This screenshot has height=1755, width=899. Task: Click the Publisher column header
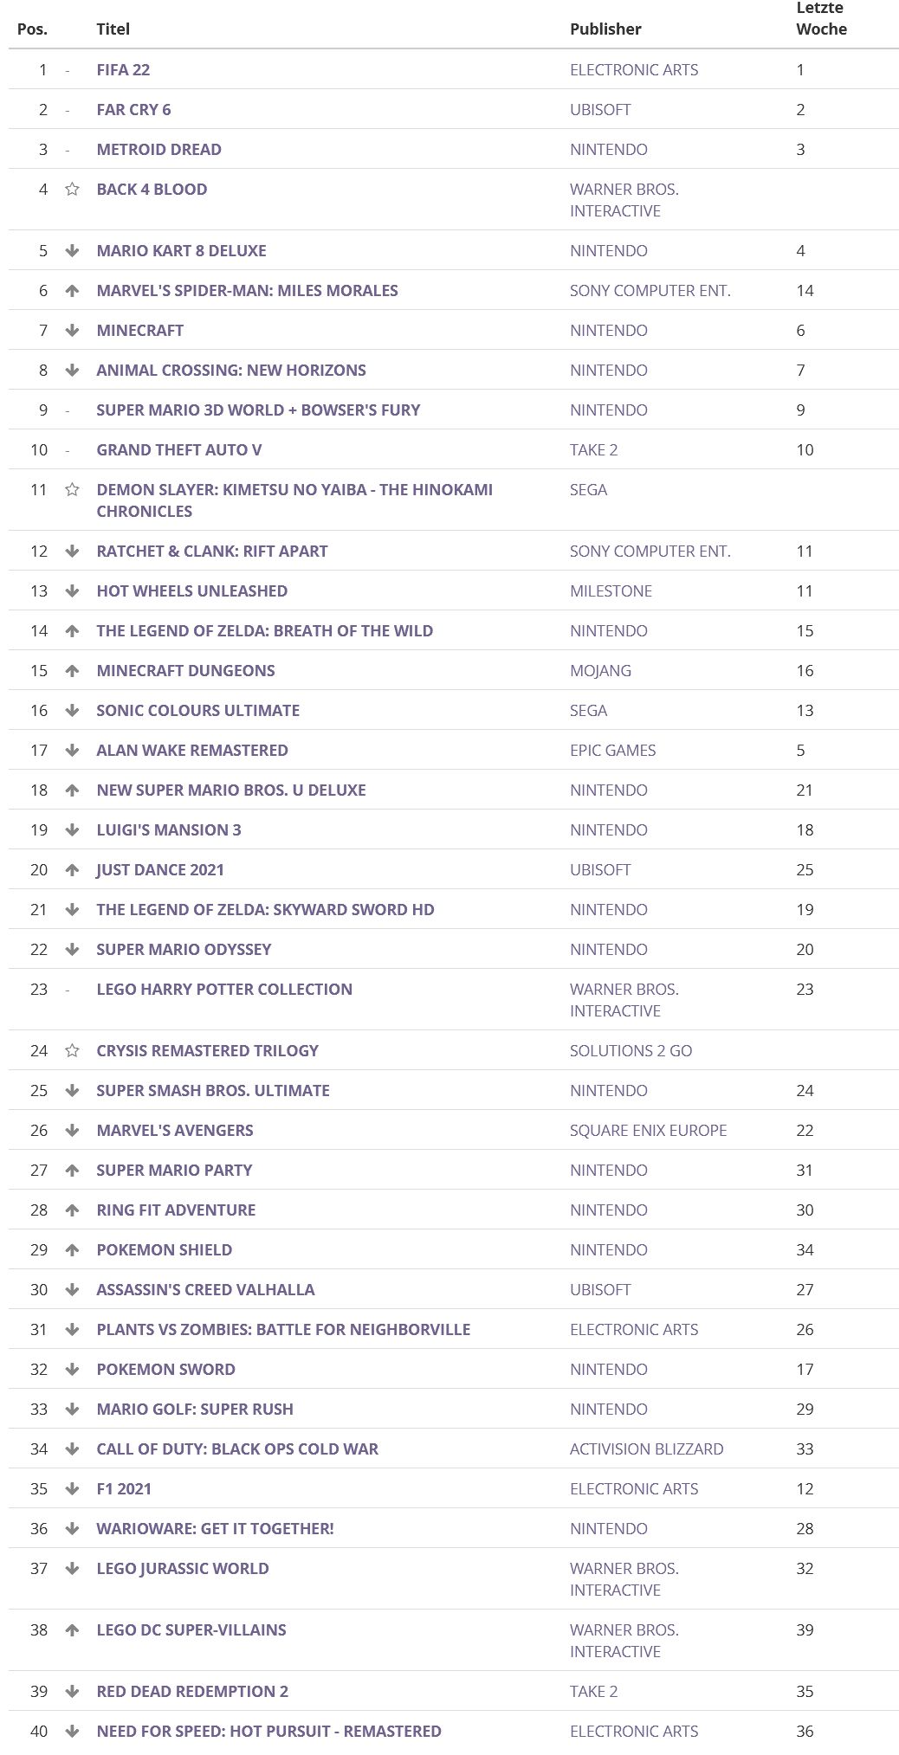pos(605,29)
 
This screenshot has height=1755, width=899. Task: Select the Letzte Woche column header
pos(821,18)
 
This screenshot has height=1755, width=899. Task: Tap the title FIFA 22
pos(123,69)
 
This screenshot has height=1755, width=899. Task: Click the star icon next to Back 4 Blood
pos(72,189)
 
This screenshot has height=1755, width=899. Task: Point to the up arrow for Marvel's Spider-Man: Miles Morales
pos(72,290)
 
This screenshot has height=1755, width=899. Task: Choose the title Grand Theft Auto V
pos(178,449)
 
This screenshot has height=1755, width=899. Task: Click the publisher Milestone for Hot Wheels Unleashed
pos(611,590)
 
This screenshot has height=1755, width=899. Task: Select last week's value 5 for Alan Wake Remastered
pos(800,750)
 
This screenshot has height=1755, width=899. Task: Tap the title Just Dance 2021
pos(160,869)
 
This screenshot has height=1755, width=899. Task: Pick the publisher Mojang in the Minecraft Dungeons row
pos(600,670)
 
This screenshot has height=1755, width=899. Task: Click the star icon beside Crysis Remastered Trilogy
pos(72,1050)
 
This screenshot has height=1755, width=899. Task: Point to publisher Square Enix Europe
pos(648,1130)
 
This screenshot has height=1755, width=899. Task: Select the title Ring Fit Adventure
pos(176,1210)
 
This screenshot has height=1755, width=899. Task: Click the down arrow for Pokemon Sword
pos(72,1369)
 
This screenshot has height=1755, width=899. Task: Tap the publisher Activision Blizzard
pos(646,1449)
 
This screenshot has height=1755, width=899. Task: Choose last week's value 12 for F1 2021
pos(805,1488)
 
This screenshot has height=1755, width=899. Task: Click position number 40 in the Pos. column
pos(39,1731)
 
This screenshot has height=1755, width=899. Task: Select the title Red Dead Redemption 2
pos(192,1691)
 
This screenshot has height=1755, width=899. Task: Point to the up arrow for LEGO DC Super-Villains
pos(72,1629)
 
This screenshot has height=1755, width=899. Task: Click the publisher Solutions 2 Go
pos(631,1050)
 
